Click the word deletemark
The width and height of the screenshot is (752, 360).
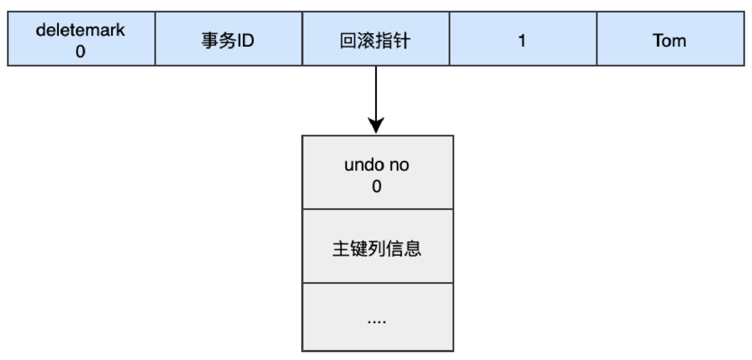point(80,30)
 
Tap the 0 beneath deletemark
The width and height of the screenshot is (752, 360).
point(80,52)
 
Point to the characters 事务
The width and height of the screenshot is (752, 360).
point(216,40)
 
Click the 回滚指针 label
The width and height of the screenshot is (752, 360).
point(375,40)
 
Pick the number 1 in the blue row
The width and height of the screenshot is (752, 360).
point(522,40)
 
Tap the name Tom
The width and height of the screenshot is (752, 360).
point(670,40)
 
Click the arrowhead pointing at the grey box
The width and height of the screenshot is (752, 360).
point(375,125)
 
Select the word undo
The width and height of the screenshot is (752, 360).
point(363,165)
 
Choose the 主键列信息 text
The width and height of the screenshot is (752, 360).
point(377,248)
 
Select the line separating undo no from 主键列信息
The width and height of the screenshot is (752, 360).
point(378,210)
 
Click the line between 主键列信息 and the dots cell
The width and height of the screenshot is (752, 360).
point(378,283)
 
